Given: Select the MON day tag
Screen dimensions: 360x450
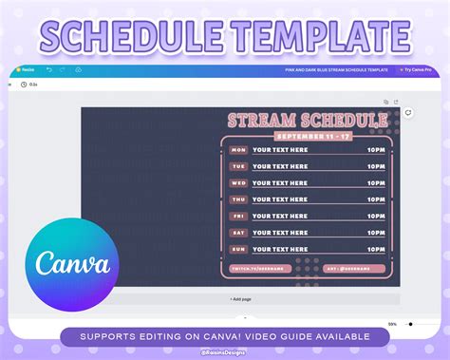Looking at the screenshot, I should pos(238,150).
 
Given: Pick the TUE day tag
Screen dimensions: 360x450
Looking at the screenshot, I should pos(238,166).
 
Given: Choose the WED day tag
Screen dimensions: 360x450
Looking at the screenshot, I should pos(238,183).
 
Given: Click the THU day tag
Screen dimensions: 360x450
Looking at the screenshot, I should pos(238,199).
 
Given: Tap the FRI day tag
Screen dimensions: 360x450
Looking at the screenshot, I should pos(238,217).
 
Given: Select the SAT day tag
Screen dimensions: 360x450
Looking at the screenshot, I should pos(238,233).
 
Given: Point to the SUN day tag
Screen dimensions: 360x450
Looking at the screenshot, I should pos(238,249).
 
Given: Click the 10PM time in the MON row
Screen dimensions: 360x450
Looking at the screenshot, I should pos(377,150).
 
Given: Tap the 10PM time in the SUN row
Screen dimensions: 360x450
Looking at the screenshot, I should pos(377,249).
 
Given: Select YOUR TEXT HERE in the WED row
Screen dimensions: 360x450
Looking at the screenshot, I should pos(280,183).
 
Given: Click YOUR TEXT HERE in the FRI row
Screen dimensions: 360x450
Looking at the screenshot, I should pos(280,217).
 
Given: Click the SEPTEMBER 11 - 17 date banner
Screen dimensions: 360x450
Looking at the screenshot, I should pos(307,136).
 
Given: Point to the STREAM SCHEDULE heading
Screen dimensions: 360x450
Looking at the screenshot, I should pos(307,121).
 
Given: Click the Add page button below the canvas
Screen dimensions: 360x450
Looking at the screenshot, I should pos(240,299).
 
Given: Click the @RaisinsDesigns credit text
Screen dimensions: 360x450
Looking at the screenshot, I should pos(224,352).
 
